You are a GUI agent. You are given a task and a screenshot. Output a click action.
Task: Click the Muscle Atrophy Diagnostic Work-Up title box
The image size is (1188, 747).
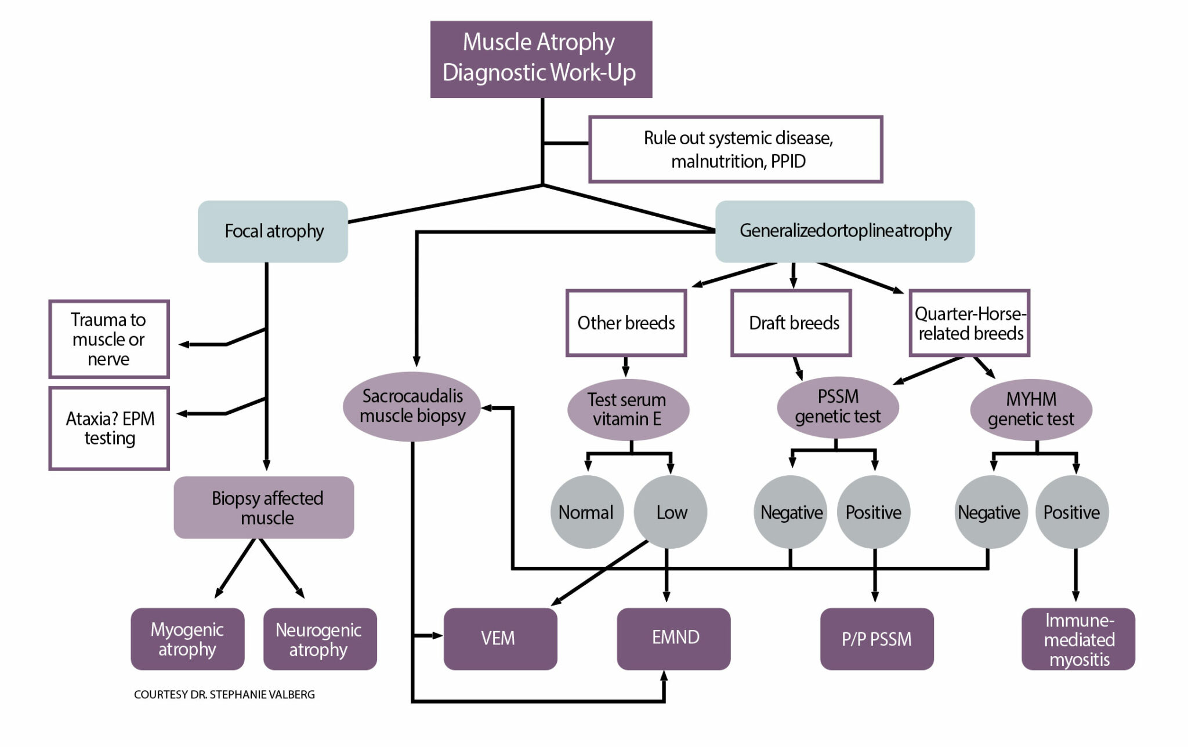[x=541, y=59]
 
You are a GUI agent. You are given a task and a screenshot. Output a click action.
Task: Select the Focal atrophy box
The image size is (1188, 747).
[x=273, y=231]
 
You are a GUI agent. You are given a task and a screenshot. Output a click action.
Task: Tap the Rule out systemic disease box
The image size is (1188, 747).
[x=736, y=150]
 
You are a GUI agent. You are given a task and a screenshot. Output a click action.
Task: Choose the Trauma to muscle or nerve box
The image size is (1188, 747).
[x=109, y=339]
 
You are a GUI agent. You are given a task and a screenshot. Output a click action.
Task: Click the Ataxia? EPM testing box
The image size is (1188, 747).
[x=109, y=428]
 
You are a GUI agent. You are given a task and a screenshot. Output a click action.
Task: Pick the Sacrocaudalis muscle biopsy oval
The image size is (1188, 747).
[x=412, y=406]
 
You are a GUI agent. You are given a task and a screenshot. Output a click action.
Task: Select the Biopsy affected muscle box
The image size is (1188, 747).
[x=264, y=508]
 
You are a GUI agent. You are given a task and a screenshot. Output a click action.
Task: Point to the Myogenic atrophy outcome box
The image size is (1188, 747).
[x=187, y=639]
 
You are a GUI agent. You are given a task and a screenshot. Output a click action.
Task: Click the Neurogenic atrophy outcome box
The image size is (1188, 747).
[x=320, y=639]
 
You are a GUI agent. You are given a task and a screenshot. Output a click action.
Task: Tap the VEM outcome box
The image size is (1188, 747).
[x=500, y=639]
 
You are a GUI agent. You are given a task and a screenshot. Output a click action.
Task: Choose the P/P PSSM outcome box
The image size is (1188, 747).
[x=876, y=639]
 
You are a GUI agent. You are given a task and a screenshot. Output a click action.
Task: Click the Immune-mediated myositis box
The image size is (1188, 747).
[x=1078, y=639]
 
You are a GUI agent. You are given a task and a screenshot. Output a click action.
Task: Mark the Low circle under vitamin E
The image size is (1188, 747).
[x=671, y=512]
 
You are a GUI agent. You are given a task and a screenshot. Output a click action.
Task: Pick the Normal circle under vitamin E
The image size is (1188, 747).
[x=586, y=512]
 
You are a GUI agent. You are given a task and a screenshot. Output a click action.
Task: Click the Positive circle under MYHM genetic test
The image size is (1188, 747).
[x=1071, y=512]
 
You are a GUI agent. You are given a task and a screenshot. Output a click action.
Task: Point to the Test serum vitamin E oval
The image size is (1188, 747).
[x=628, y=409]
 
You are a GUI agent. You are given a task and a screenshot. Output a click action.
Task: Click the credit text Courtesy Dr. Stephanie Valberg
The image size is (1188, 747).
[x=224, y=694]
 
